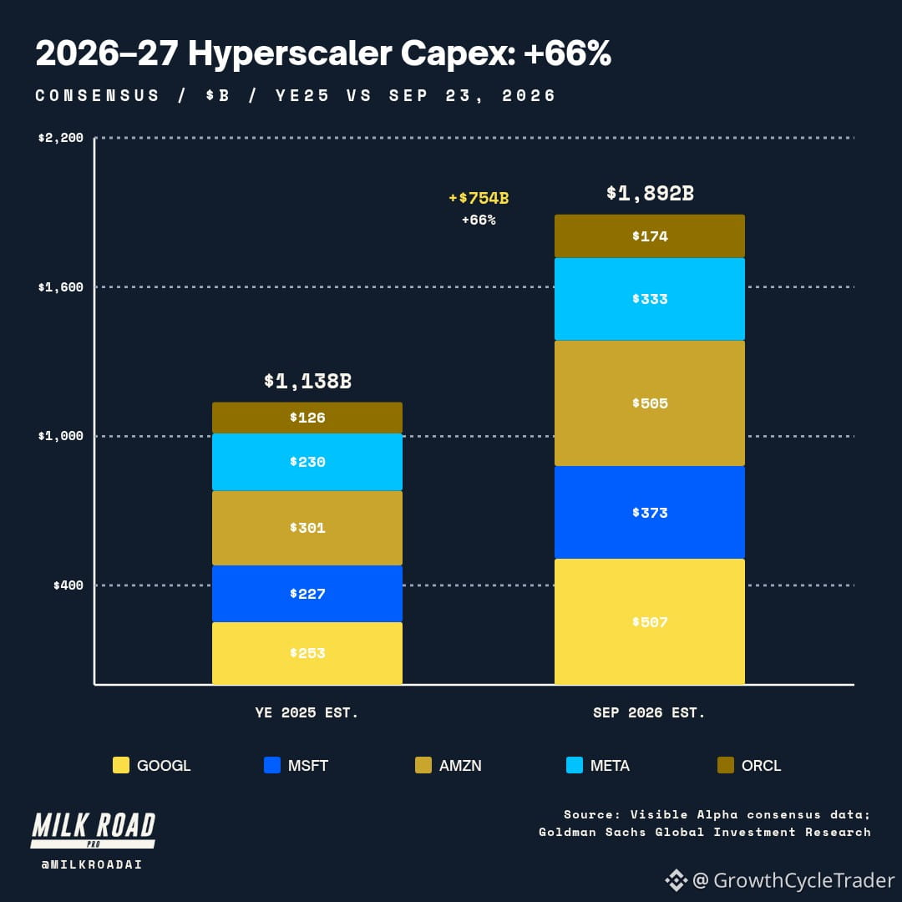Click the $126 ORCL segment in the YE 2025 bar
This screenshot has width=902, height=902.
click(307, 418)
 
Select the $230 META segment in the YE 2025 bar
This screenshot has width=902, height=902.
click(307, 462)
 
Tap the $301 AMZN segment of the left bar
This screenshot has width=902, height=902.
click(307, 528)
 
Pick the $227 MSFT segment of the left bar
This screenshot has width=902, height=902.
click(307, 594)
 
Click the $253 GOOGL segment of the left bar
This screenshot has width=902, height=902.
click(307, 653)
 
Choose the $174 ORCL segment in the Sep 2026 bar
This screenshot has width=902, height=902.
click(650, 236)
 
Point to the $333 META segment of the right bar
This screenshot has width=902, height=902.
click(650, 299)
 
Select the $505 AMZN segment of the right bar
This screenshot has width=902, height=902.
click(650, 403)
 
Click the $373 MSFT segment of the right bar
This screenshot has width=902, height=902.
click(650, 513)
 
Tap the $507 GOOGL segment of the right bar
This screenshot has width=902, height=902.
click(650, 622)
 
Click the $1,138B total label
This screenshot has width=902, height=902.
click(307, 381)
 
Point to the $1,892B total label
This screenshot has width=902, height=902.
click(650, 193)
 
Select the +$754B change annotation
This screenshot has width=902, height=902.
click(479, 198)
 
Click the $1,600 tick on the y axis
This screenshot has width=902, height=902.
click(60, 287)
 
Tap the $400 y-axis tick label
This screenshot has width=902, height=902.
click(68, 585)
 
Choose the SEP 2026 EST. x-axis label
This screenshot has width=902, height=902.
click(649, 712)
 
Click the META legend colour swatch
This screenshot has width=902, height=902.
click(575, 765)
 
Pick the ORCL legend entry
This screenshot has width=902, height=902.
click(749, 765)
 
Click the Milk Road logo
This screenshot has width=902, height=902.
click(94, 830)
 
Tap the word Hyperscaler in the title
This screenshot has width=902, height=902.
click(290, 53)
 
